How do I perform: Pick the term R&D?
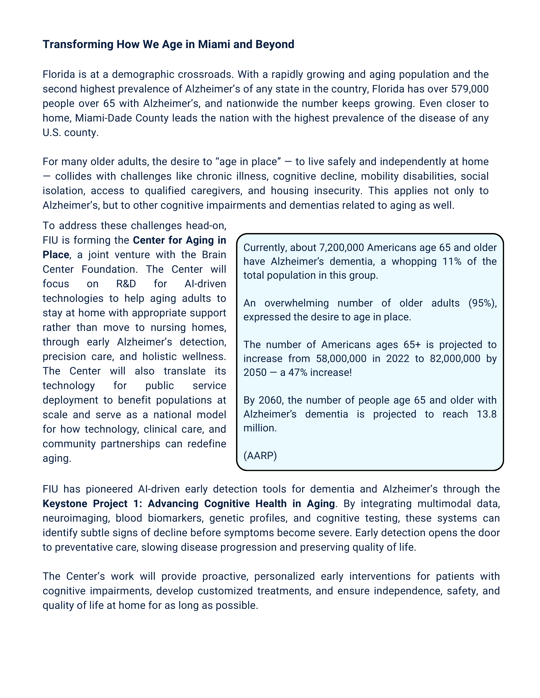pos(126,284)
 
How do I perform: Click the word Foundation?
pos(109,269)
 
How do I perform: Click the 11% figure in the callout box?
pos(452,261)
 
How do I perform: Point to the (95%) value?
pos(482,303)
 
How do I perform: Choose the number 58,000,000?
pos(341,359)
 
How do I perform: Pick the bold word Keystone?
pos(65,504)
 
